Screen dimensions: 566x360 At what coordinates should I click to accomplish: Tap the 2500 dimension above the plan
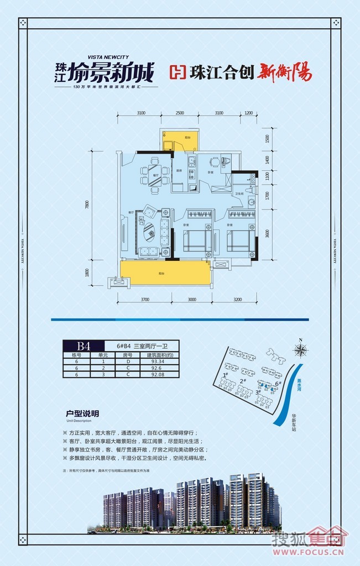(180, 113)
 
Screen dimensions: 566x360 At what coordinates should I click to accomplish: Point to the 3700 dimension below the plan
(145, 299)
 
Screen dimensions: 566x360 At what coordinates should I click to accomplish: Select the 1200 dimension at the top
(248, 113)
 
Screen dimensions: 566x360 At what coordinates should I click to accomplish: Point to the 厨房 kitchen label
(179, 171)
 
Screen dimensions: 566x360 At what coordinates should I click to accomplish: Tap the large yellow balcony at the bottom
(165, 272)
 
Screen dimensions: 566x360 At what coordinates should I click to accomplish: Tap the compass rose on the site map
(301, 350)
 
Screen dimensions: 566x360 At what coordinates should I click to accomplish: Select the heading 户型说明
(82, 413)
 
